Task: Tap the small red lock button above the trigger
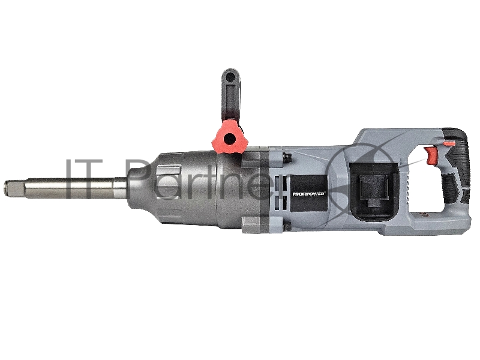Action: click(449, 143)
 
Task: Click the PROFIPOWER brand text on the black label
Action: click(309, 194)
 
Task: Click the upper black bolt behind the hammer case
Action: click(287, 157)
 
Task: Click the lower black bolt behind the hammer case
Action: click(287, 227)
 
